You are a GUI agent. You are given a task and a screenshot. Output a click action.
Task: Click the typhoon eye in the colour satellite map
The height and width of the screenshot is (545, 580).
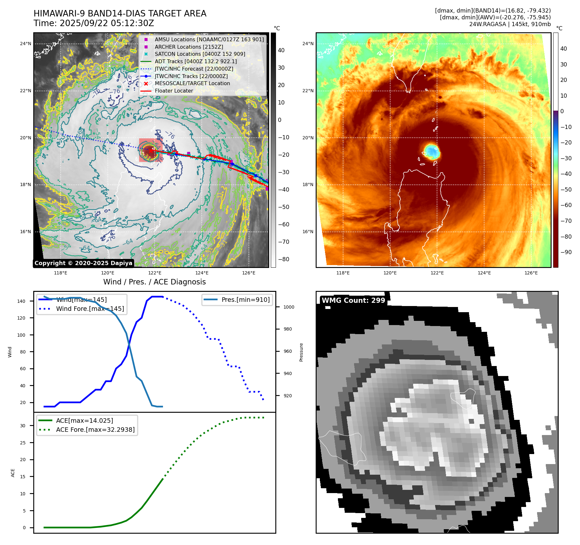click(x=432, y=151)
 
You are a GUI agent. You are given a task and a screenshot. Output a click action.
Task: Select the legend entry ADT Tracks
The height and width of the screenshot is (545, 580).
click(x=196, y=61)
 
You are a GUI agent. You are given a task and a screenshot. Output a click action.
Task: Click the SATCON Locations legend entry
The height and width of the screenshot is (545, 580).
click(x=200, y=54)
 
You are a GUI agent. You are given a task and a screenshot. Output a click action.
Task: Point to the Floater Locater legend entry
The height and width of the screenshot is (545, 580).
click(x=174, y=91)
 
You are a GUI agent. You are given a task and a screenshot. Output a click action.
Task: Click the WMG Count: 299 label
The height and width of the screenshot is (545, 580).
click(x=353, y=301)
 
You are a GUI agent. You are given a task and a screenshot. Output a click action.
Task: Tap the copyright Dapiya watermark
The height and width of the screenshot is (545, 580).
click(x=83, y=263)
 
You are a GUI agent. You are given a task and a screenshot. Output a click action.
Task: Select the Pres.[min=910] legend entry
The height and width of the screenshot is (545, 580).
click(x=245, y=300)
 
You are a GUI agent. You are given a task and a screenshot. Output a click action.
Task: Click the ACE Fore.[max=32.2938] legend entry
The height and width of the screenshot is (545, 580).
click(x=95, y=430)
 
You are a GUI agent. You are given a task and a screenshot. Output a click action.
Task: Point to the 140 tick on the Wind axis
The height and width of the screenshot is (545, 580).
click(x=21, y=301)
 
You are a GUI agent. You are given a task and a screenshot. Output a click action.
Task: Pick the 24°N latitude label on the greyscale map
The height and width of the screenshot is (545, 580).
click(x=25, y=44)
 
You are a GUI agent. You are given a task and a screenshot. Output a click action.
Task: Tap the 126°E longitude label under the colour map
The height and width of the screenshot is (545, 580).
click(x=531, y=273)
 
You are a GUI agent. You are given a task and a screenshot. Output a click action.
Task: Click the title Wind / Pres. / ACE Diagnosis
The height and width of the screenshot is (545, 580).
click(x=154, y=282)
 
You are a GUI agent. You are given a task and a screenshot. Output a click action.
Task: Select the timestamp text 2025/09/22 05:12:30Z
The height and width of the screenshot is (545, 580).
click(x=107, y=23)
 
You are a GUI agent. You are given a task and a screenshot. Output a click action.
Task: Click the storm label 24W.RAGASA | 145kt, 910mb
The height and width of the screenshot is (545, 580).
click(x=510, y=24)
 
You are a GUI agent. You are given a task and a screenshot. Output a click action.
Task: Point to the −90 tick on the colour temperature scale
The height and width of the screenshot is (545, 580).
click(x=566, y=252)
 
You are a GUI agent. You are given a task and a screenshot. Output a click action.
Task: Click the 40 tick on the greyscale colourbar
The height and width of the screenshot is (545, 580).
click(x=281, y=50)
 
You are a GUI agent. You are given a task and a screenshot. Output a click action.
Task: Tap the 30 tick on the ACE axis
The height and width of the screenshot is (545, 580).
click(x=23, y=426)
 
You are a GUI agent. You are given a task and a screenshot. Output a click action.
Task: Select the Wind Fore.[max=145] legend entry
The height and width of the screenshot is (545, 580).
click(x=90, y=309)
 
